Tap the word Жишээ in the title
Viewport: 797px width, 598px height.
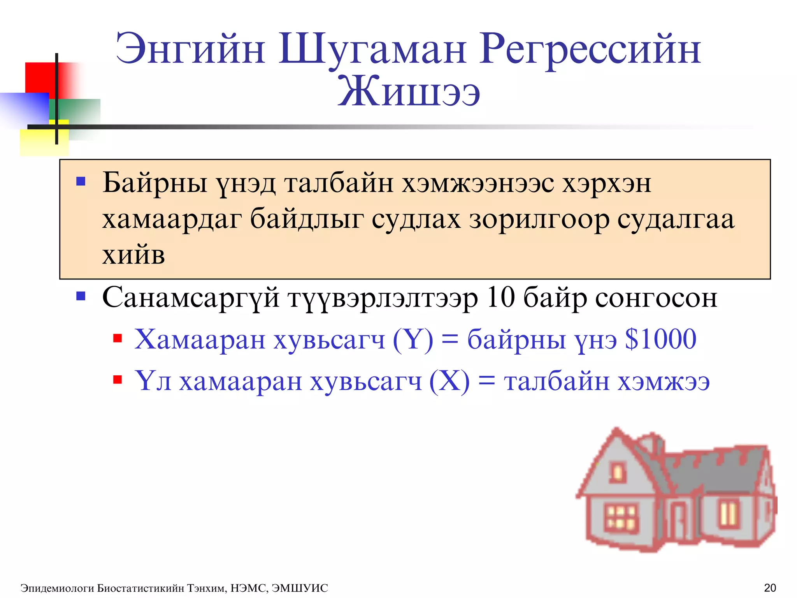pyautogui.click(x=409, y=92)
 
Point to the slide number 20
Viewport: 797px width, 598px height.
pyautogui.click(x=770, y=587)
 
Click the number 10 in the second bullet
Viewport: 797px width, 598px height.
pyautogui.click(x=500, y=297)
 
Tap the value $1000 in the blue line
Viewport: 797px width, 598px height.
pyautogui.click(x=660, y=339)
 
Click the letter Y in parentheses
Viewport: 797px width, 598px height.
pyautogui.click(x=413, y=339)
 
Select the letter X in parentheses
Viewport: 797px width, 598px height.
pyautogui.click(x=449, y=381)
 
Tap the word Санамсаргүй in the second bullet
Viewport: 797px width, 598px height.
pyautogui.click(x=191, y=298)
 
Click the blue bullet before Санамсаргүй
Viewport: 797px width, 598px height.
pyautogui.click(x=81, y=296)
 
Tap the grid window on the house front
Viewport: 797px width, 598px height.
pyautogui.click(x=621, y=518)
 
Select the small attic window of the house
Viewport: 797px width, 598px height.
pyautogui.click(x=617, y=472)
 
